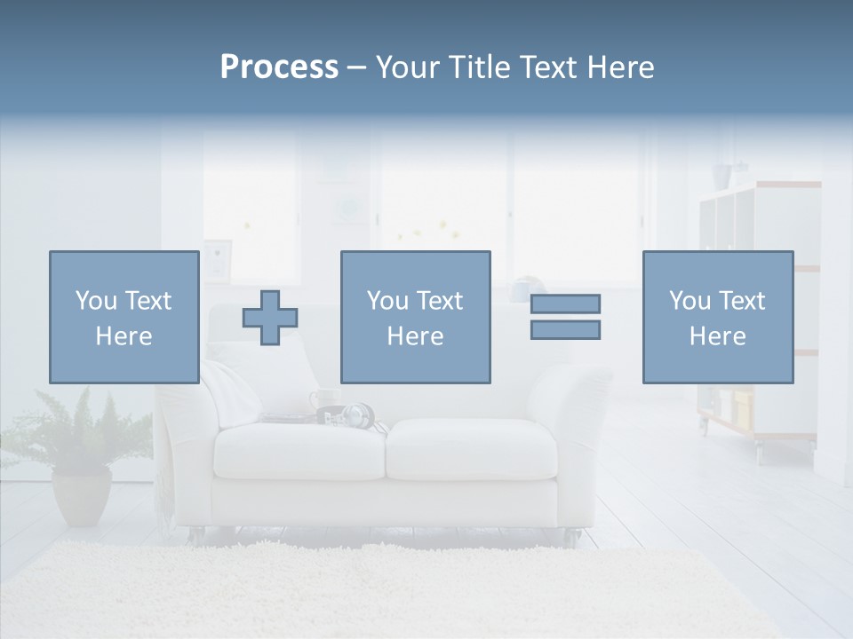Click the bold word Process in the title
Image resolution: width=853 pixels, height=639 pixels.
point(279,67)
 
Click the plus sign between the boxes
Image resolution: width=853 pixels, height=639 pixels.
point(270,318)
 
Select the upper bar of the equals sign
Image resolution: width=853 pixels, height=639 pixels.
point(565,304)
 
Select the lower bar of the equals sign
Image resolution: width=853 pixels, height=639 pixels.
point(565,330)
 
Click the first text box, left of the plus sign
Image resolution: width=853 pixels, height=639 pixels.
point(124,317)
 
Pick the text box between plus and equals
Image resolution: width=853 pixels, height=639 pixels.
point(415,317)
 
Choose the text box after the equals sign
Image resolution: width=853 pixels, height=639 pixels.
point(717,317)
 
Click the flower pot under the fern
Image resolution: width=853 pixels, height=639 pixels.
point(82,496)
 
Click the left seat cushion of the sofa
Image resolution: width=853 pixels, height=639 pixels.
point(300,449)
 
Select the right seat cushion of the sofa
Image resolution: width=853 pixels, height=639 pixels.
point(472,447)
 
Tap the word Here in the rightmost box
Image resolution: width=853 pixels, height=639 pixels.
point(717,336)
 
